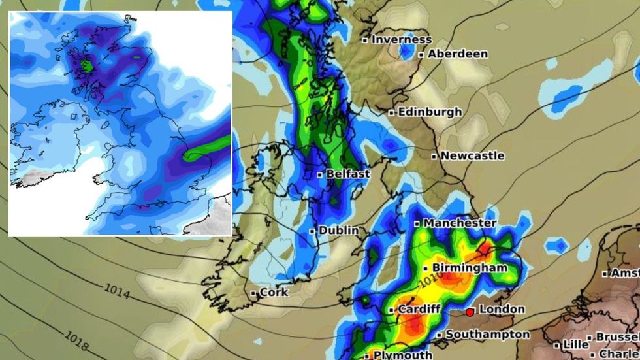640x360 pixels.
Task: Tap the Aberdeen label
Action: point(458,54)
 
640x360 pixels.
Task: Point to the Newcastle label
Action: point(472,156)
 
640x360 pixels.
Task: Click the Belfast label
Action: point(348,174)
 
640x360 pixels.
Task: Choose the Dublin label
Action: point(339,231)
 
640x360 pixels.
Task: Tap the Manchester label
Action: point(460,223)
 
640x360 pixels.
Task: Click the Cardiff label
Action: point(419,309)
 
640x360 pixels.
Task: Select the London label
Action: point(502,309)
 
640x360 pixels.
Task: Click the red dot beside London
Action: point(470,312)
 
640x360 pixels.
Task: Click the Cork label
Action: point(274,293)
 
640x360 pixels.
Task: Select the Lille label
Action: point(575,344)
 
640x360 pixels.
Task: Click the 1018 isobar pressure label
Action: point(78,337)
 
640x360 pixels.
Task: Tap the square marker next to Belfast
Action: point(320,175)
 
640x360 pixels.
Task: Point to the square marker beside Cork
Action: point(253,293)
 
